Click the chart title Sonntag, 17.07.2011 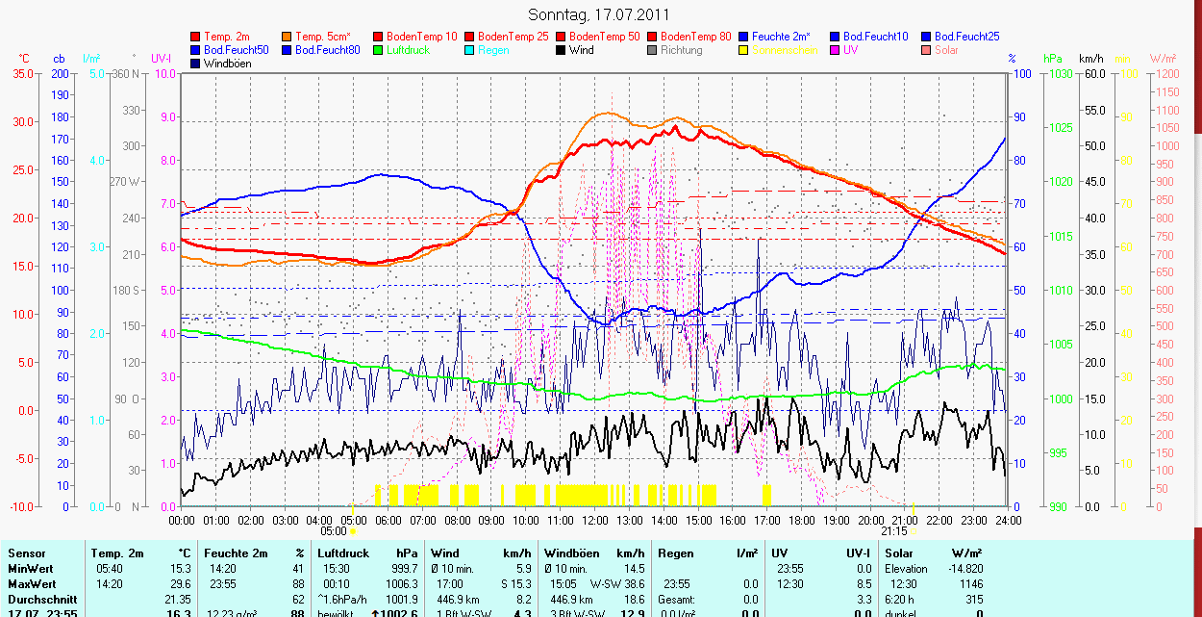tap(599, 14)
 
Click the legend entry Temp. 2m tap(227, 37)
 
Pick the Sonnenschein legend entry tap(785, 50)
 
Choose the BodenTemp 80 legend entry tap(696, 37)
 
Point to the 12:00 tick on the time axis tap(594, 521)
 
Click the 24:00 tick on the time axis tap(1007, 521)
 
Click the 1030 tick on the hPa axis tap(1060, 74)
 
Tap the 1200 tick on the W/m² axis tap(1166, 74)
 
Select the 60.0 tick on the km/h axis tap(1092, 74)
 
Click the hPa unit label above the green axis tap(1052, 59)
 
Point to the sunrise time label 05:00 tap(333, 530)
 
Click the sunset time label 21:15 tap(893, 530)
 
